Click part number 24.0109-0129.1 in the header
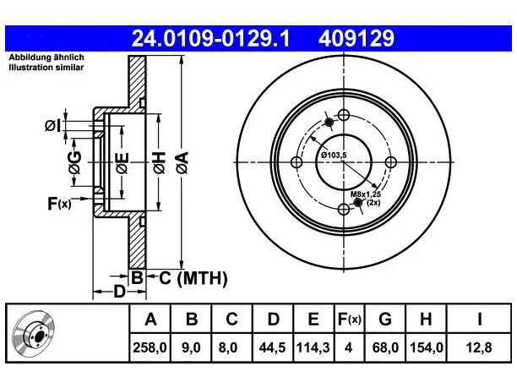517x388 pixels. click(210, 38)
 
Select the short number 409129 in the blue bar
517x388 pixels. click(356, 38)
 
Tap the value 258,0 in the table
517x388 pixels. click(150, 347)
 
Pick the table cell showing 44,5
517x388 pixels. click(272, 347)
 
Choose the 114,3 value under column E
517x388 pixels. click(313, 347)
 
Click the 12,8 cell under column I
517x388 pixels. click(479, 347)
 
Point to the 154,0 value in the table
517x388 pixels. click(426, 347)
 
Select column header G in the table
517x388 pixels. click(385, 319)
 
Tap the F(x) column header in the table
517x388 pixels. click(350, 319)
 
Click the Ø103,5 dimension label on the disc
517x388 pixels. click(334, 155)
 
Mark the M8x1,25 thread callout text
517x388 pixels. click(365, 194)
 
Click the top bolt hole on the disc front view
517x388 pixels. click(344, 115)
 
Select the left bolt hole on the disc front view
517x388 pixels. click(297, 162)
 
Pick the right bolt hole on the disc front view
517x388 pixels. click(391, 162)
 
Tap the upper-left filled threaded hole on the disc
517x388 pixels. click(329, 123)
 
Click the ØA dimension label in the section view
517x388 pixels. click(182, 162)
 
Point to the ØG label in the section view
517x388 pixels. click(75, 162)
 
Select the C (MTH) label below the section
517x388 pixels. click(193, 278)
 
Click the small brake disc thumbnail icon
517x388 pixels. click(34, 333)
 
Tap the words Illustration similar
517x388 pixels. click(46, 68)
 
